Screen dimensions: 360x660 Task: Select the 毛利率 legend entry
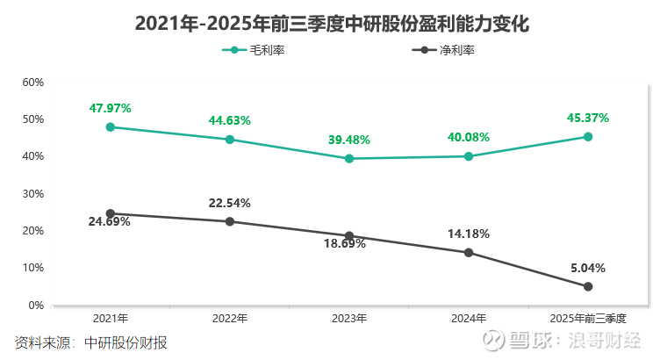coord(255,50)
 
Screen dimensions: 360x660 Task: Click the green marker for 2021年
coord(111,126)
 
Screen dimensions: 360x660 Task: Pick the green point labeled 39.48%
coord(349,159)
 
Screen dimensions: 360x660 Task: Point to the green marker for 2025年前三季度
coord(588,137)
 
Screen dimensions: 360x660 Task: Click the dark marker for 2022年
coord(230,221)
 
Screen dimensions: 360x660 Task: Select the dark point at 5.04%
coord(588,286)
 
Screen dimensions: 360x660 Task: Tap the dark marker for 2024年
coord(469,253)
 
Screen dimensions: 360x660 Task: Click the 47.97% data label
coord(111,108)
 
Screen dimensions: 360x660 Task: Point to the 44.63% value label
coord(230,120)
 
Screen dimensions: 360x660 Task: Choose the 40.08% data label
coord(469,137)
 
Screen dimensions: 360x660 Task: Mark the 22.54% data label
coord(230,203)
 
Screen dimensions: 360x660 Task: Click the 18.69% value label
coord(344,243)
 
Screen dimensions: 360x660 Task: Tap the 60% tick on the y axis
coord(33,83)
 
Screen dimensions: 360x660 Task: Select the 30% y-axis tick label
coord(33,194)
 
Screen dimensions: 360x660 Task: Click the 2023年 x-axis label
coord(349,318)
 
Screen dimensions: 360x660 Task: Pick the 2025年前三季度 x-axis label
coord(588,318)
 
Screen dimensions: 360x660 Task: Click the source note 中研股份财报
coord(126,342)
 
